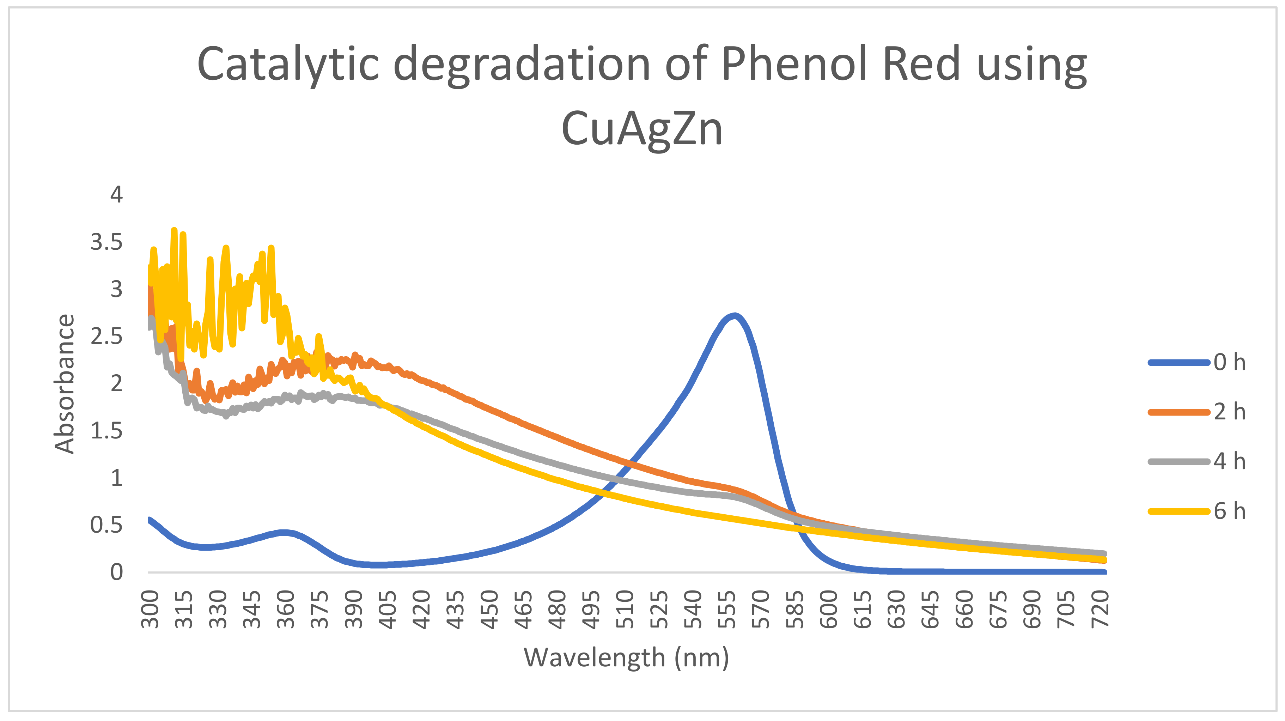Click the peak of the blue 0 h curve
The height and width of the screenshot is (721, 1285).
[x=734, y=315]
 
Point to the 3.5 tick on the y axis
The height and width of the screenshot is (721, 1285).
[x=106, y=242]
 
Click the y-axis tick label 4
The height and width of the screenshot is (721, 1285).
[x=116, y=195]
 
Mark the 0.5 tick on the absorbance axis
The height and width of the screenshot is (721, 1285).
[x=106, y=525]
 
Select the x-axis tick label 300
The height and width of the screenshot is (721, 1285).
[x=151, y=610]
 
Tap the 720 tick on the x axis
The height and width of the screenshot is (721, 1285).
[x=1101, y=610]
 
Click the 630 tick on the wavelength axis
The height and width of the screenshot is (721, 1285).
[x=897, y=610]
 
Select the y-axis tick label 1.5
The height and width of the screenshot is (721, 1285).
[x=106, y=431]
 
